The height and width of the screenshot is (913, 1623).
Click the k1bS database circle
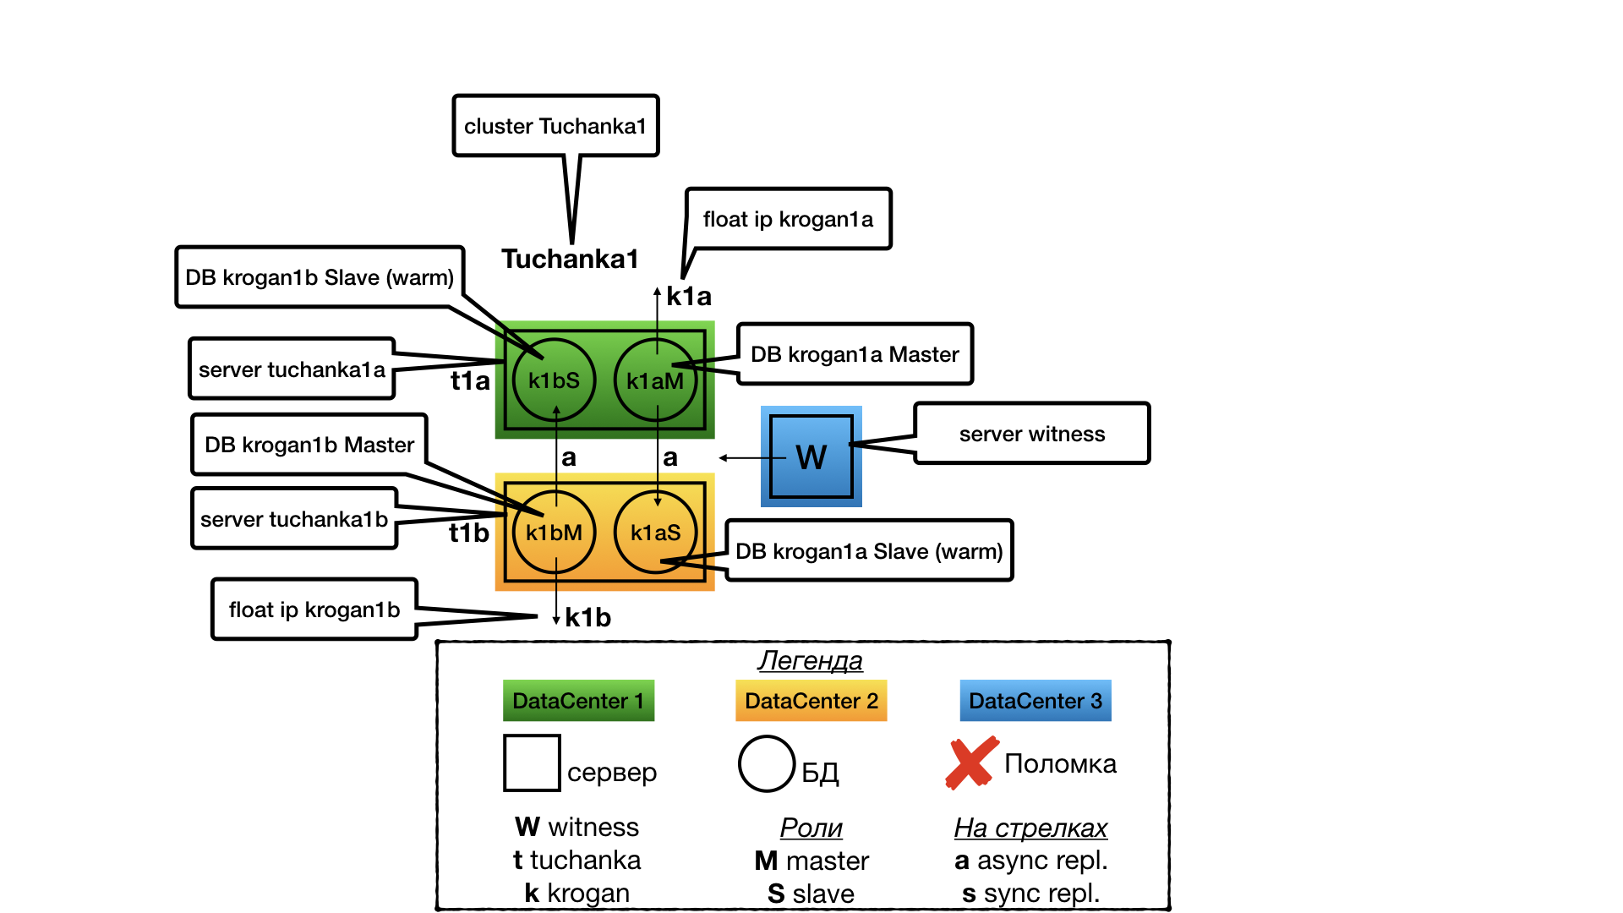click(x=554, y=380)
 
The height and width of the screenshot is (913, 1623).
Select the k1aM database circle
click(x=655, y=380)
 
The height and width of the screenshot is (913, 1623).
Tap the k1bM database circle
click(x=554, y=533)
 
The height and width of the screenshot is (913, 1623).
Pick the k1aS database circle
click(x=655, y=533)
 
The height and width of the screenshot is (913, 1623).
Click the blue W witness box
click(x=811, y=456)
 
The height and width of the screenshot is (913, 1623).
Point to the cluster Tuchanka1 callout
click(x=555, y=126)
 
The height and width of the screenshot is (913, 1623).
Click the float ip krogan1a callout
click(x=788, y=219)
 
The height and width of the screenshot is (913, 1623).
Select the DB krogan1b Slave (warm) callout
click(x=320, y=277)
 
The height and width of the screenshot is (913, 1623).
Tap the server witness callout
click(x=1031, y=434)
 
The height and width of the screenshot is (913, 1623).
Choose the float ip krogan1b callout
click(x=314, y=610)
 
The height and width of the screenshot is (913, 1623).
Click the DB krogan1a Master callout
click(x=855, y=354)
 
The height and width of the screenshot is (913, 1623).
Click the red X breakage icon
click(x=971, y=763)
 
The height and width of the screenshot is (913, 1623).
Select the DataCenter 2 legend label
click(x=811, y=701)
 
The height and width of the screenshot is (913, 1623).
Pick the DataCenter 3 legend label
click(x=1035, y=701)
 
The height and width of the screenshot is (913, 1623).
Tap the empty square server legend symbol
click(x=532, y=763)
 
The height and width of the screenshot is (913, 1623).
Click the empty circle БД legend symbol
click(x=767, y=763)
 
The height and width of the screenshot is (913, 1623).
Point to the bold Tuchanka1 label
click(x=570, y=259)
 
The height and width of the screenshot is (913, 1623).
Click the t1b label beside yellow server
click(x=469, y=533)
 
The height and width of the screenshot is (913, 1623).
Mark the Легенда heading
click(x=810, y=660)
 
